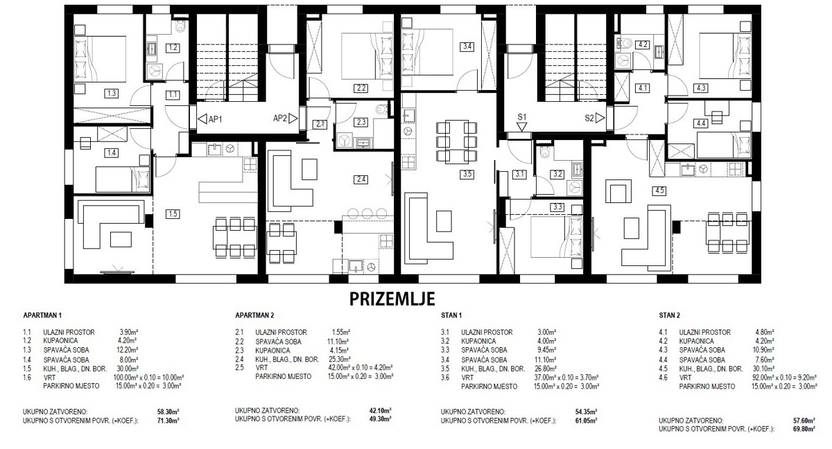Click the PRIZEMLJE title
(x=392, y=299)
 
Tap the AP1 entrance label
(x=215, y=119)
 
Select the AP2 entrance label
(x=280, y=118)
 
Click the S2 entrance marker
(x=590, y=118)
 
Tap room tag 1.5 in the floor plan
(x=173, y=214)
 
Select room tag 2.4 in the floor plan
(x=361, y=179)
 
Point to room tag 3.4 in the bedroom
(x=467, y=47)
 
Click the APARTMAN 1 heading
(x=42, y=315)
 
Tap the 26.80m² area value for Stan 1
(x=548, y=369)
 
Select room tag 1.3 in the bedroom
(x=111, y=92)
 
